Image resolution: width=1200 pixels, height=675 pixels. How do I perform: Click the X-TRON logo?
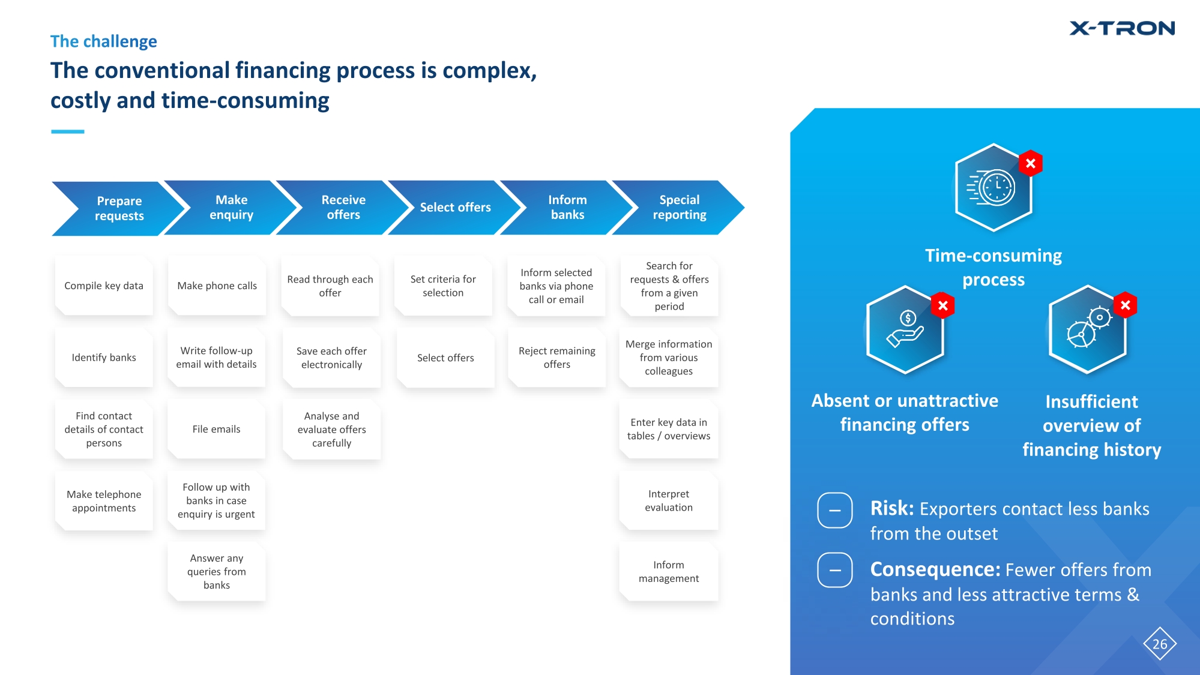(x=1121, y=28)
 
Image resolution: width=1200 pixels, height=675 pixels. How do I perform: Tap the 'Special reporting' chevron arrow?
(x=679, y=208)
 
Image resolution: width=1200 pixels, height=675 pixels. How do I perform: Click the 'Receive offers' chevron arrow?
(x=343, y=208)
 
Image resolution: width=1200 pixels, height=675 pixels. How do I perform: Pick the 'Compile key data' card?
(x=104, y=286)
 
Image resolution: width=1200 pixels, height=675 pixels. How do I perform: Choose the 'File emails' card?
(x=216, y=429)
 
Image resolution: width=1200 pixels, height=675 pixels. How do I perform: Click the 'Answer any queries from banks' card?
(x=216, y=572)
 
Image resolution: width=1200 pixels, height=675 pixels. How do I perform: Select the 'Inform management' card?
(x=668, y=572)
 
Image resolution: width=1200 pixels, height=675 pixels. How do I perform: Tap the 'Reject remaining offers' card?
(x=556, y=358)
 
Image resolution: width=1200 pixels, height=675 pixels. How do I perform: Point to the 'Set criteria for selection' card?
(x=443, y=286)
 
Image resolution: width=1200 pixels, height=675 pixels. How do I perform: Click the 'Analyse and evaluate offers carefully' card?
(x=331, y=430)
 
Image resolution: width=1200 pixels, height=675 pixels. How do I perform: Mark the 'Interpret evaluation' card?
(x=668, y=500)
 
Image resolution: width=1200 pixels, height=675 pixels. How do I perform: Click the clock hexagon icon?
(x=993, y=188)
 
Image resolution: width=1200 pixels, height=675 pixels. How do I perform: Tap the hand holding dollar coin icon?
(x=905, y=330)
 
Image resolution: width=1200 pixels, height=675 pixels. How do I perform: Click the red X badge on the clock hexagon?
(x=1030, y=163)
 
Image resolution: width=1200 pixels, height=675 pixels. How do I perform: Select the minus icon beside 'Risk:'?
(x=834, y=511)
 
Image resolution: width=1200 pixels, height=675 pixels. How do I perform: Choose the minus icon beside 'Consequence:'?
(x=834, y=570)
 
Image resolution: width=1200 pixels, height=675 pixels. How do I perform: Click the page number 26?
(x=1159, y=644)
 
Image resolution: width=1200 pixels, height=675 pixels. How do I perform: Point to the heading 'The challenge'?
(x=103, y=41)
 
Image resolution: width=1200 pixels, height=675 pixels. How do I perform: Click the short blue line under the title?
(x=67, y=131)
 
